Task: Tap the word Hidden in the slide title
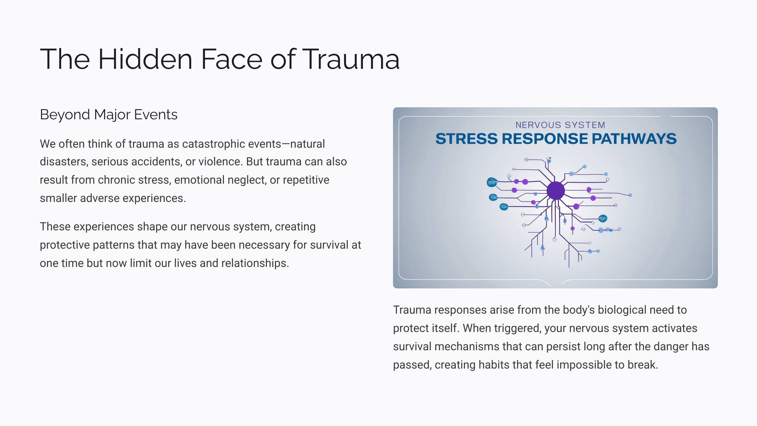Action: pos(145,59)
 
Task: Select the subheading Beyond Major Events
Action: pos(109,115)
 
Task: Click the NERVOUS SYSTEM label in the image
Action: pos(560,125)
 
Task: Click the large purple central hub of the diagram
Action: pos(555,191)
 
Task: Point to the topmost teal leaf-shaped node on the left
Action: pos(492,182)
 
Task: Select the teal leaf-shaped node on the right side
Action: pos(603,218)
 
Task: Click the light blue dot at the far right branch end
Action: pos(630,195)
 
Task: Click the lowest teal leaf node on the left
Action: pos(504,207)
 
